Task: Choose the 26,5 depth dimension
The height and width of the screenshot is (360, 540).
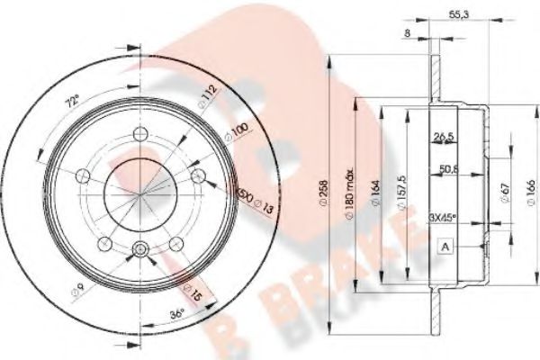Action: (443, 138)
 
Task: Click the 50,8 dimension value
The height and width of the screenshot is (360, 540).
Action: (451, 168)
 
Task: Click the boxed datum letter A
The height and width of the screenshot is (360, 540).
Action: (445, 247)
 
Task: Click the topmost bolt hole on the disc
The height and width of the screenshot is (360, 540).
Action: (139, 135)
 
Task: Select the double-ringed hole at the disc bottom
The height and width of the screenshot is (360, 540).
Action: (139, 250)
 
